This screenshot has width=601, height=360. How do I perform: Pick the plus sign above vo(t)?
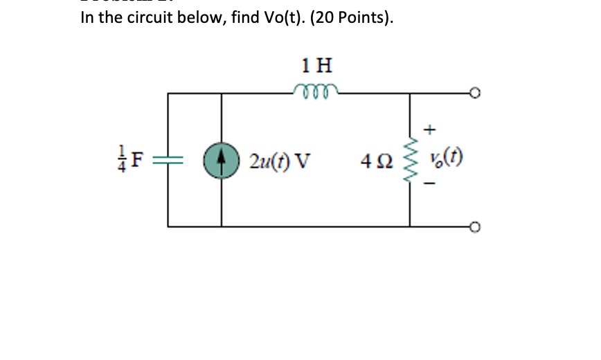(431, 129)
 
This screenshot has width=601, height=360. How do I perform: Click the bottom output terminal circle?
(474, 226)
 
